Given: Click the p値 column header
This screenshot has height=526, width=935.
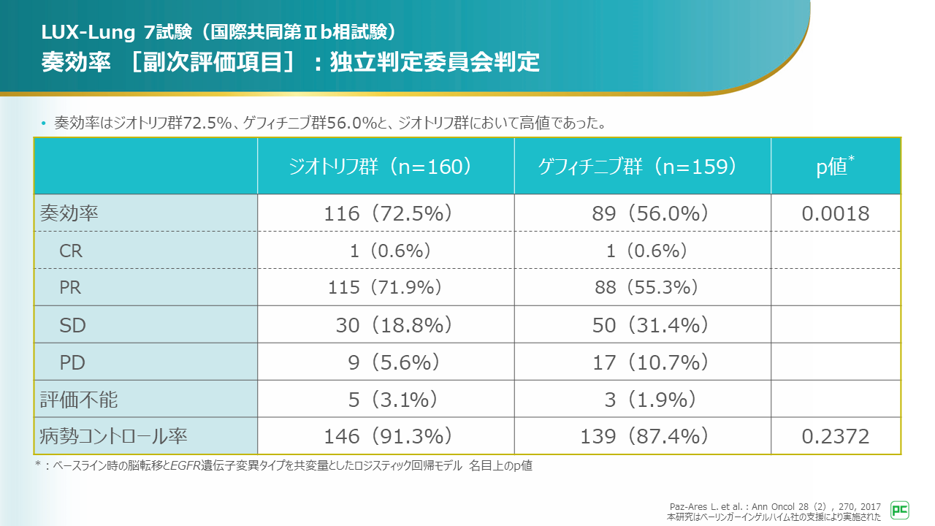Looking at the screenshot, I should coord(836,167).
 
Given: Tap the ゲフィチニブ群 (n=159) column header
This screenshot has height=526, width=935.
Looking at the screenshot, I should coord(636,167).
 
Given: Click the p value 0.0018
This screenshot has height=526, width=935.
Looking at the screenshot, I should coord(836,213).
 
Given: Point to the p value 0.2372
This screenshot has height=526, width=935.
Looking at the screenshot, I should coord(836,437).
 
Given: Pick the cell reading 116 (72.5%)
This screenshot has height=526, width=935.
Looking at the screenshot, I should coord(388,213).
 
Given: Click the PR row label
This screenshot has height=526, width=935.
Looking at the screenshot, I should coord(70,288).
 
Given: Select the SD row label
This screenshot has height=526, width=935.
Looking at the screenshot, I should coord(72,325).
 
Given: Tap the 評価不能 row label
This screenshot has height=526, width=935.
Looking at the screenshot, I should coord(78,400).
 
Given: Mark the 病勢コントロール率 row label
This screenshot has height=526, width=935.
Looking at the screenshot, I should coord(113,437).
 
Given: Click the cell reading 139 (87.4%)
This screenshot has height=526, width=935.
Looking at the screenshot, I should coord(644,437).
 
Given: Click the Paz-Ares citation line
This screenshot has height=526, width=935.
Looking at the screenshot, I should coord(774,506).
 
